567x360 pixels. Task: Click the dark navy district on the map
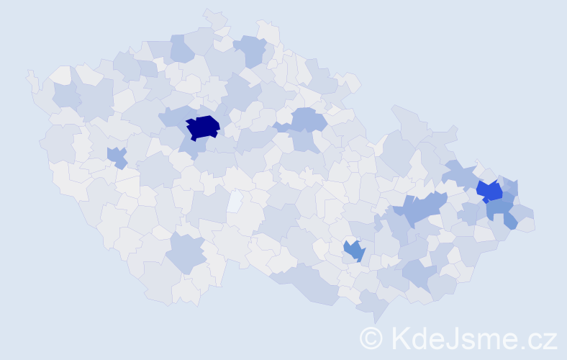click(203, 127)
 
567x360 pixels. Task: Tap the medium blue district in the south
click(354, 251)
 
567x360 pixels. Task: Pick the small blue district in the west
click(116, 156)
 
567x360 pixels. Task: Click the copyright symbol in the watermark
click(371, 337)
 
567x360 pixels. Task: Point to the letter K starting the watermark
click(399, 337)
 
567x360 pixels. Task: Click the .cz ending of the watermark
click(539, 338)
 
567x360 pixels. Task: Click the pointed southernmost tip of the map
click(374, 320)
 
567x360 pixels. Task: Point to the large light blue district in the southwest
click(186, 252)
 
